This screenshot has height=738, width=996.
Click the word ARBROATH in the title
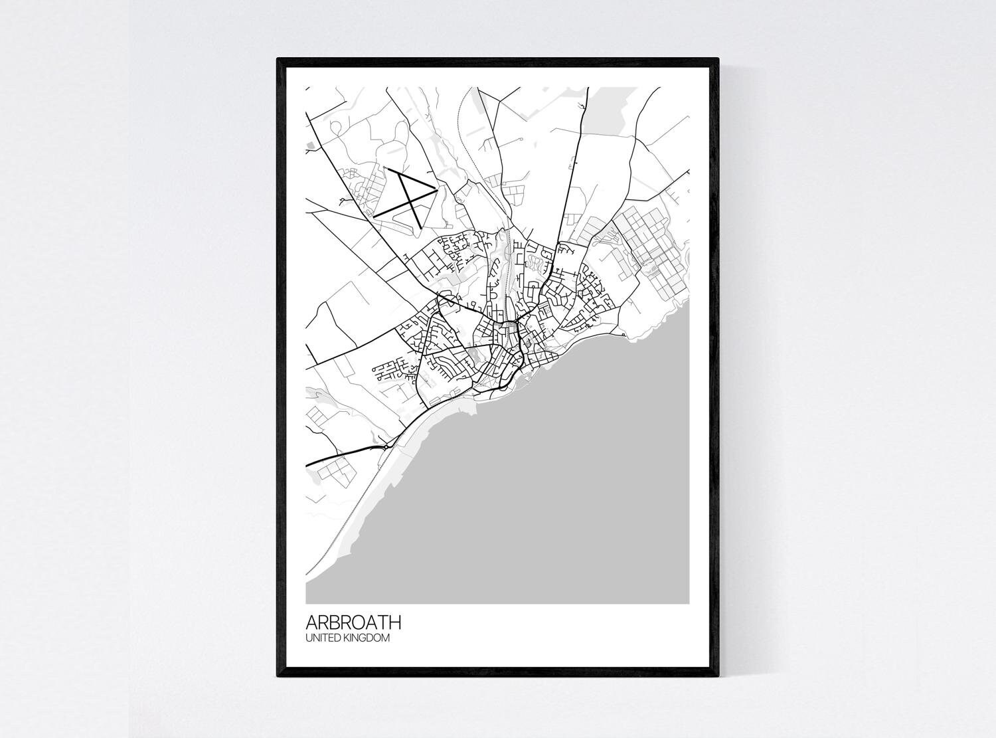click(x=353, y=623)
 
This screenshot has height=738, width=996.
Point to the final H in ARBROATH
click(x=395, y=623)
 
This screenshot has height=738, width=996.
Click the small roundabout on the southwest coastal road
click(x=383, y=446)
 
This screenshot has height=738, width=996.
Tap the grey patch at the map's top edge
click(x=608, y=106)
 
